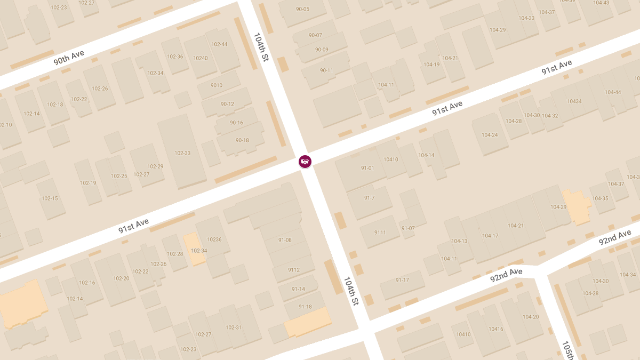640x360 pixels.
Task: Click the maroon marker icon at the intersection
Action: [305, 161]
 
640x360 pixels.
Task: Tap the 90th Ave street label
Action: [69, 58]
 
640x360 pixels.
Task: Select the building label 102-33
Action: [182, 153]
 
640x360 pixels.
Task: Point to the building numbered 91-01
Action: [367, 168]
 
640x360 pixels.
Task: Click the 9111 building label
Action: [380, 233]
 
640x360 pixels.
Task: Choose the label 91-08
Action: [285, 240]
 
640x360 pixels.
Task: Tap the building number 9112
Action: [294, 270]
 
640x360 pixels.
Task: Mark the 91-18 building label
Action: [305, 307]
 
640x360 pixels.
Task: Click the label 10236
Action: [214, 239]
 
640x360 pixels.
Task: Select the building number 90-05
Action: [302, 9]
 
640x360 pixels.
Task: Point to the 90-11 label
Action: [326, 70]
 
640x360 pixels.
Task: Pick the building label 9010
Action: [217, 85]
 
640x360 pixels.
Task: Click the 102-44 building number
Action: [219, 44]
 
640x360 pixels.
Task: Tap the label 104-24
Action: [490, 135]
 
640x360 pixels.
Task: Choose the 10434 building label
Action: [574, 101]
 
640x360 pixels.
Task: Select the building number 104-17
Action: [490, 236]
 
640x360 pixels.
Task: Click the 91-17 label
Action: [402, 280]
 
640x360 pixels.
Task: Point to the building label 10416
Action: [495, 329]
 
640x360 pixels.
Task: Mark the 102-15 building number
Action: [50, 198]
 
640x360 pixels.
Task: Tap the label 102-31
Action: [234, 327]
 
